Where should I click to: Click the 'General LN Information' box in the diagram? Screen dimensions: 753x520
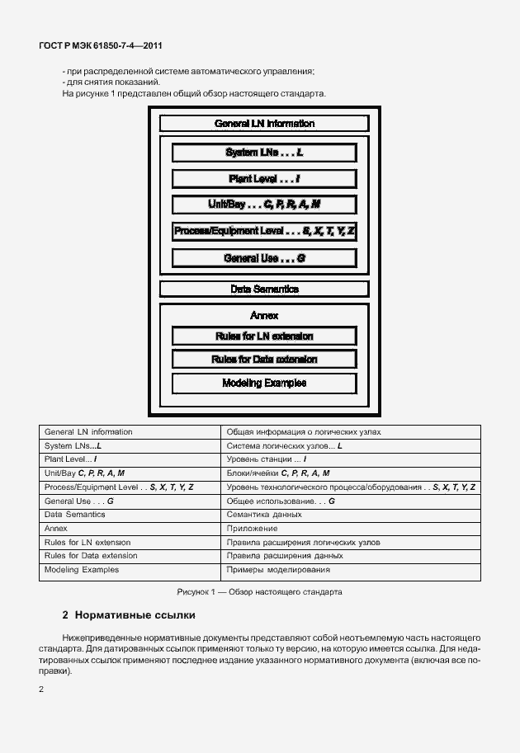point(264,124)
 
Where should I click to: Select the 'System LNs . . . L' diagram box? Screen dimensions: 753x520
point(264,153)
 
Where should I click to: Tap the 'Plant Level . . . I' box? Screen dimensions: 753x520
point(264,179)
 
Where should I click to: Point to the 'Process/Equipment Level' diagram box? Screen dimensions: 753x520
point(264,232)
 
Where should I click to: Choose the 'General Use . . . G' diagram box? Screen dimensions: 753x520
point(264,258)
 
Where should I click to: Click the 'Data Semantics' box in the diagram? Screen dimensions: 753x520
point(264,289)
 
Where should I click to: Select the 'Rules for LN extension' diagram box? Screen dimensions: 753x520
point(264,336)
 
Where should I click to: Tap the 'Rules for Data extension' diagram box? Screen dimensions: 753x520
point(264,360)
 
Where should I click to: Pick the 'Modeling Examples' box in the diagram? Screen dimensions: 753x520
point(264,384)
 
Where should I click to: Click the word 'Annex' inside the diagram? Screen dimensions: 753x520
point(264,316)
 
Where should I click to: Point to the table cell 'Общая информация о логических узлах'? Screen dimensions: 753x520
point(304,432)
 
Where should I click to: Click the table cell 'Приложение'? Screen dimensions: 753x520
point(252,529)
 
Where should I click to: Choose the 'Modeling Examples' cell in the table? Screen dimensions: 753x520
point(82,570)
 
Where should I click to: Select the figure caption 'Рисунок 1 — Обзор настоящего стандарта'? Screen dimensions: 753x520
point(259,592)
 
